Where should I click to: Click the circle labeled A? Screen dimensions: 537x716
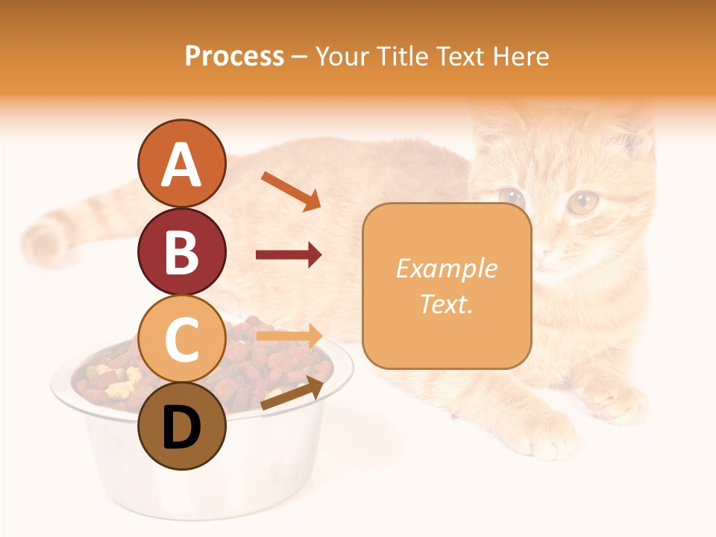click(181, 163)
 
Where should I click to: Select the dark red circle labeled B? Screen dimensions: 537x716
click(181, 251)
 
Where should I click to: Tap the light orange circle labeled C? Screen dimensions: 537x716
click(181, 339)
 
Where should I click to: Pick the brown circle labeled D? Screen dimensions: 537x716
click(181, 426)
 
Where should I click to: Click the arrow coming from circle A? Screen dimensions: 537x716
click(291, 191)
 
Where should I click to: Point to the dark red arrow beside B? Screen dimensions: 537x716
click(289, 255)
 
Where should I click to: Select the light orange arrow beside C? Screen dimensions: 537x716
click(289, 336)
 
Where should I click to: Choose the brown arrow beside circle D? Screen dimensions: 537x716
click(292, 394)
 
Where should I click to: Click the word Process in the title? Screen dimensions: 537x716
click(234, 57)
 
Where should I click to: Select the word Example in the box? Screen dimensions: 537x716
click(446, 268)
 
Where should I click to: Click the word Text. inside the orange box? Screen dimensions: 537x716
click(446, 304)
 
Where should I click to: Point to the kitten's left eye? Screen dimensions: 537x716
click(512, 197)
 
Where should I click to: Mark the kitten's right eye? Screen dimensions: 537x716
click(582, 202)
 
